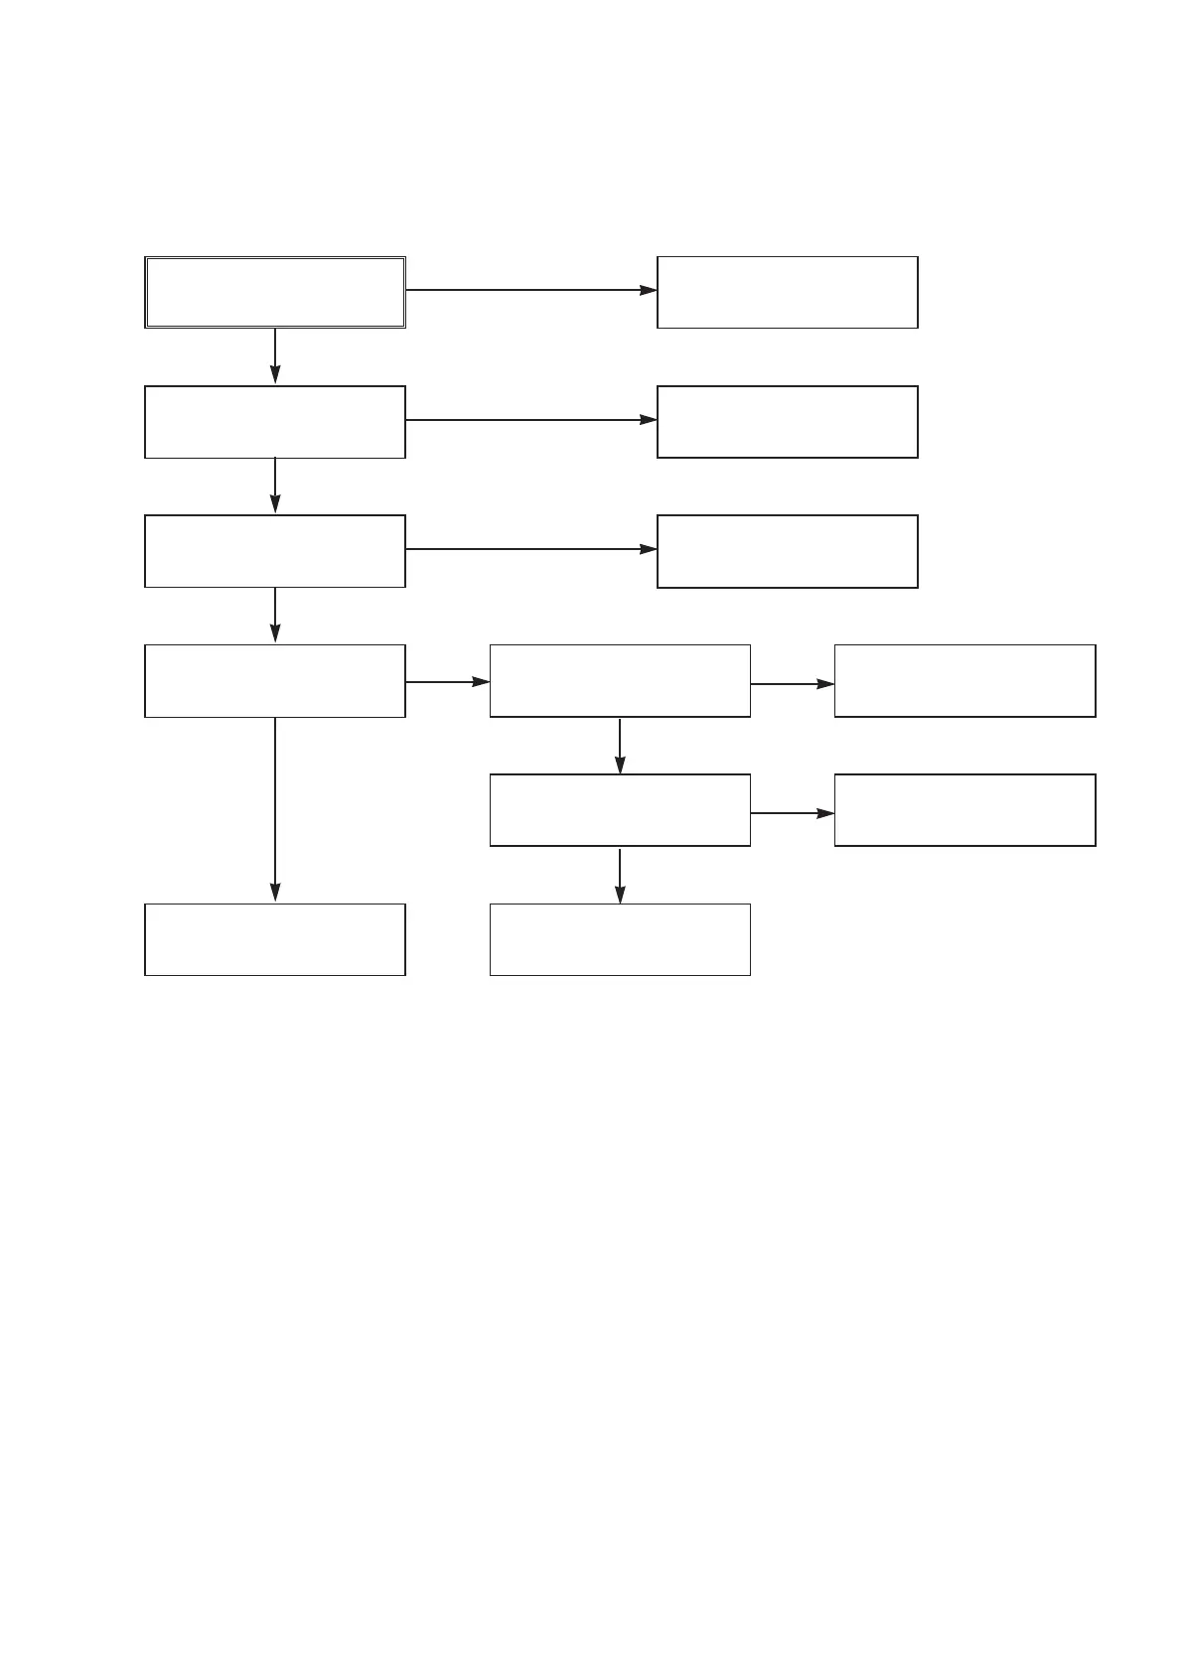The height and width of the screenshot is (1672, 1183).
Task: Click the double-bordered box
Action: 275,292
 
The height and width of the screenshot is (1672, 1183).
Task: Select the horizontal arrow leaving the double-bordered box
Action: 531,290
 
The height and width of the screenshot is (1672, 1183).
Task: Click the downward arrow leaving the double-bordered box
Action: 275,355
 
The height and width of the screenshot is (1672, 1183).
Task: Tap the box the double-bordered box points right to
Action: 787,292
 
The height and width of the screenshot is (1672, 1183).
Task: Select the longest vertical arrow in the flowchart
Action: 275,809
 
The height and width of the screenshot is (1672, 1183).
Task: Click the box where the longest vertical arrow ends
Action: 275,939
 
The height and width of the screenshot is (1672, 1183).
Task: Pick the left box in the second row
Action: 275,422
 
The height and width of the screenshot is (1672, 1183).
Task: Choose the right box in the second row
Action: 787,422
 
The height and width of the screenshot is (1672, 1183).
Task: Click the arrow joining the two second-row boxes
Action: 531,420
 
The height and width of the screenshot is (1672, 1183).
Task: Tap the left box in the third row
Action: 275,551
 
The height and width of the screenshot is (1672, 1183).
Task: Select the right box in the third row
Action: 787,551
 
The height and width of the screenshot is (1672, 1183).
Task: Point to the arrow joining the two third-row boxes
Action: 531,549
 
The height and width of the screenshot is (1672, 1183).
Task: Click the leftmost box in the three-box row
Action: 275,681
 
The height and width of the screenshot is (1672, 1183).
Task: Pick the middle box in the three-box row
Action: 620,681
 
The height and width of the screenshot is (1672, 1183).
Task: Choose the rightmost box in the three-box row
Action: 964,681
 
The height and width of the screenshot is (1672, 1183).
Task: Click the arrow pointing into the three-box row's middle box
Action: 448,682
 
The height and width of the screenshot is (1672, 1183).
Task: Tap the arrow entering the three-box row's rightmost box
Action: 793,684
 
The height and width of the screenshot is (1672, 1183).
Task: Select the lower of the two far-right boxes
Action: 964,810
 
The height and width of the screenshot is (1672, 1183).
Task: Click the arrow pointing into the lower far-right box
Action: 793,813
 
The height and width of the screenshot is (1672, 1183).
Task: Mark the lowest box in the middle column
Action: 620,939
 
